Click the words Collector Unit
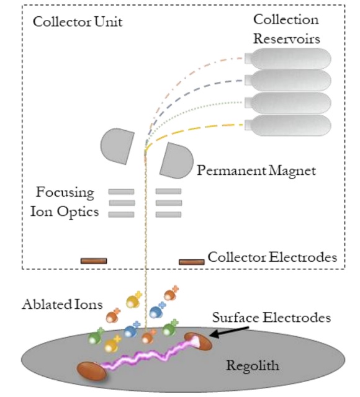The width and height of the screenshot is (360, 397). [x=78, y=22]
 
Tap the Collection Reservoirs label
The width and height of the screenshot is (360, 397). [x=287, y=29]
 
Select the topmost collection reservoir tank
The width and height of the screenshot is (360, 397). [x=287, y=59]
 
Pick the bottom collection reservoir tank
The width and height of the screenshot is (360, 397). [x=287, y=125]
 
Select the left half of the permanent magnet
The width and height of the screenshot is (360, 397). [x=118, y=146]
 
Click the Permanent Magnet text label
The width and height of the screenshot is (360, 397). [x=256, y=171]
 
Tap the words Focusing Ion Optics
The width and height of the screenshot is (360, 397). [x=65, y=202]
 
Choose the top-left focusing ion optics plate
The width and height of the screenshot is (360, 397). [x=122, y=192]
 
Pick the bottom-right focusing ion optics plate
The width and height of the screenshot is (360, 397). [x=168, y=215]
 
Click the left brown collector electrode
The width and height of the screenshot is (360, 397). [x=94, y=261]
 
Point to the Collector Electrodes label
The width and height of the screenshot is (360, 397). [x=272, y=257]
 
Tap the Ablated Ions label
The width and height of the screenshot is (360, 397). [x=62, y=304]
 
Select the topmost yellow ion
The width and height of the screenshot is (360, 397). [x=133, y=300]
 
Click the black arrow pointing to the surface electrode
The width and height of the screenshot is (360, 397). [x=229, y=332]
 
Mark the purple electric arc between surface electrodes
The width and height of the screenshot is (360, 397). [x=150, y=354]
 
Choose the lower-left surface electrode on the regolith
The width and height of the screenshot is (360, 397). [x=92, y=371]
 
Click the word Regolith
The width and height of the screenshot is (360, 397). [x=253, y=366]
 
